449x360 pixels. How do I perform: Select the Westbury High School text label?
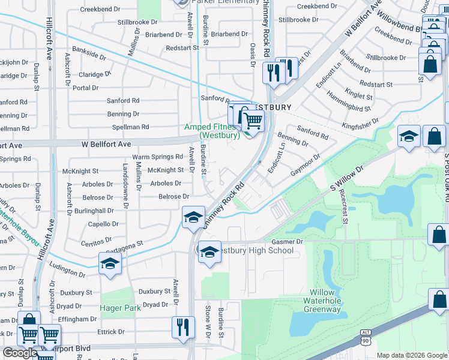[255, 250]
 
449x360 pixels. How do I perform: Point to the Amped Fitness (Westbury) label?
[212, 131]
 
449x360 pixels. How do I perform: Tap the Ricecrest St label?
[343, 207]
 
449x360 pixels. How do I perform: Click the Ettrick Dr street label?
[112, 331]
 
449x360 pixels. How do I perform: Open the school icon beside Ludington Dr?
[110, 264]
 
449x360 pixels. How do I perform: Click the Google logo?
[20, 353]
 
